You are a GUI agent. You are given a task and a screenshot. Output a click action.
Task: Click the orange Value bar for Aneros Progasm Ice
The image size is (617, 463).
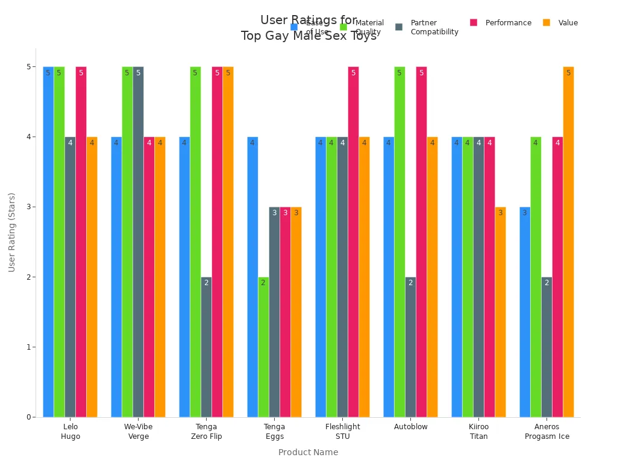[x=568, y=242]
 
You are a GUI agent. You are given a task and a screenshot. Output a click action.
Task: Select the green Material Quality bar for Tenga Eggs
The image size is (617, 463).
[x=263, y=347]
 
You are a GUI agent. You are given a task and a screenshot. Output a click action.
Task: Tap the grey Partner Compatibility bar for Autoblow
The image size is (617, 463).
[x=410, y=347]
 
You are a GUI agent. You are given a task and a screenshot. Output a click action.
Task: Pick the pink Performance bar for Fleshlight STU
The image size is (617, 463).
[x=353, y=242]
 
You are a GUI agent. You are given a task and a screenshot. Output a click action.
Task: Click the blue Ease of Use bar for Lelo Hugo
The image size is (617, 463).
[x=48, y=242]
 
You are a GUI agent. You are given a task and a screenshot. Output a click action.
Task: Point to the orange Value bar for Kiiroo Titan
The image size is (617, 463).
[x=500, y=312]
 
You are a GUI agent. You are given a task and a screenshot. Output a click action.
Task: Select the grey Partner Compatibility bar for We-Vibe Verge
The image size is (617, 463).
[x=138, y=242]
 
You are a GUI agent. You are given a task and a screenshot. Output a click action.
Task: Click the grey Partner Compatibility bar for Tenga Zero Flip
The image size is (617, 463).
[x=206, y=347]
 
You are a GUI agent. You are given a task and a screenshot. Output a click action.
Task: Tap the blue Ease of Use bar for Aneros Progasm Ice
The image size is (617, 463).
[x=525, y=312]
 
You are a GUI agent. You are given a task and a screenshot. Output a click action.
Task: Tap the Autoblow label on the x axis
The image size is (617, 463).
[x=410, y=427]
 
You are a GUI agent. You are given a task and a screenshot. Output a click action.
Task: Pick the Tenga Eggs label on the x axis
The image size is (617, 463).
[x=274, y=432]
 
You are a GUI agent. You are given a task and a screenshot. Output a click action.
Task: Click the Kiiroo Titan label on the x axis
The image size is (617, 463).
[x=478, y=432]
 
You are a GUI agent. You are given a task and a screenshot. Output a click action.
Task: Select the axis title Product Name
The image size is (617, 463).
[x=308, y=452]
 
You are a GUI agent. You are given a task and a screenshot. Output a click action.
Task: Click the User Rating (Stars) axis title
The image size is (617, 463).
[x=12, y=232]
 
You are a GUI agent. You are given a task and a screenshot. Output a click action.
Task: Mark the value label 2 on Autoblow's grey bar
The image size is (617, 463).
[x=410, y=283]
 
